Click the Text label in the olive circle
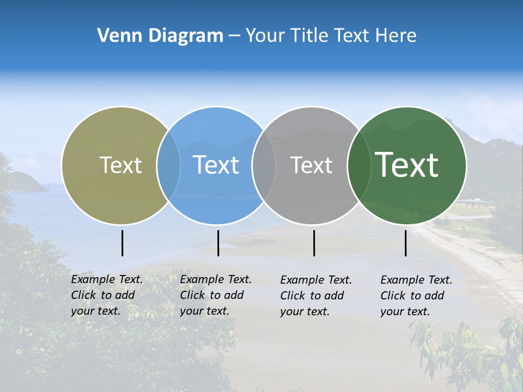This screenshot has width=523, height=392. [120, 165]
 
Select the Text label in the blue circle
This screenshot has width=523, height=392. [216, 165]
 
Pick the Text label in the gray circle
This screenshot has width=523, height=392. [311, 165]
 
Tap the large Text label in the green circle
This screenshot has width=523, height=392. [407, 165]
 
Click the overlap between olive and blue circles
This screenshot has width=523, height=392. [168, 165]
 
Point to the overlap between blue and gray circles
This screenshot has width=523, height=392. [264, 165]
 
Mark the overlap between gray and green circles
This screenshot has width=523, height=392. [358, 165]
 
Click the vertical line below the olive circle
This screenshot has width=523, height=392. [122, 243]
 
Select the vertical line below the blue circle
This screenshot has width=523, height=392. [218, 243]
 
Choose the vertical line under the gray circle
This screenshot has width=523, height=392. [314, 243]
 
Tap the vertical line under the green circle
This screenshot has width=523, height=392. [405, 243]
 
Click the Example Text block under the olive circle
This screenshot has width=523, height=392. [106, 295]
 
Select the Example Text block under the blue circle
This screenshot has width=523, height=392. [215, 295]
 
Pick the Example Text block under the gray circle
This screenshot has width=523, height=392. [315, 296]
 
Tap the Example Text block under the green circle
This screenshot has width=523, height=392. [416, 296]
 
